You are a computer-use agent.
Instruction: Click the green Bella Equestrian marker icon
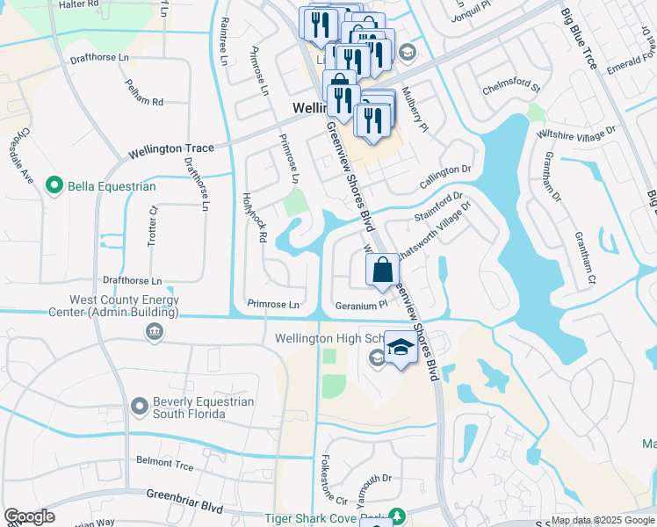point(54,186)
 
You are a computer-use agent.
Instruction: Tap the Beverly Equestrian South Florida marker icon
point(139,406)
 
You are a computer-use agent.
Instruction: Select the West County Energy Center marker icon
point(155,331)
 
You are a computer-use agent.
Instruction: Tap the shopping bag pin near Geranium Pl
point(382,269)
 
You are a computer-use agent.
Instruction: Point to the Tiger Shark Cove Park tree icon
point(396,516)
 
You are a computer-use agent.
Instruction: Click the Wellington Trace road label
point(171,149)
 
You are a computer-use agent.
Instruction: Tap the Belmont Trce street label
point(164,461)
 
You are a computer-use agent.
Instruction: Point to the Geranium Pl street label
point(361,306)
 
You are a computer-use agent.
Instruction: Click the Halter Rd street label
point(79,4)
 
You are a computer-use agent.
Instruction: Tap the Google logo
point(29,517)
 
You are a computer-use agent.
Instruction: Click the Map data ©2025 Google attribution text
point(602,520)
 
